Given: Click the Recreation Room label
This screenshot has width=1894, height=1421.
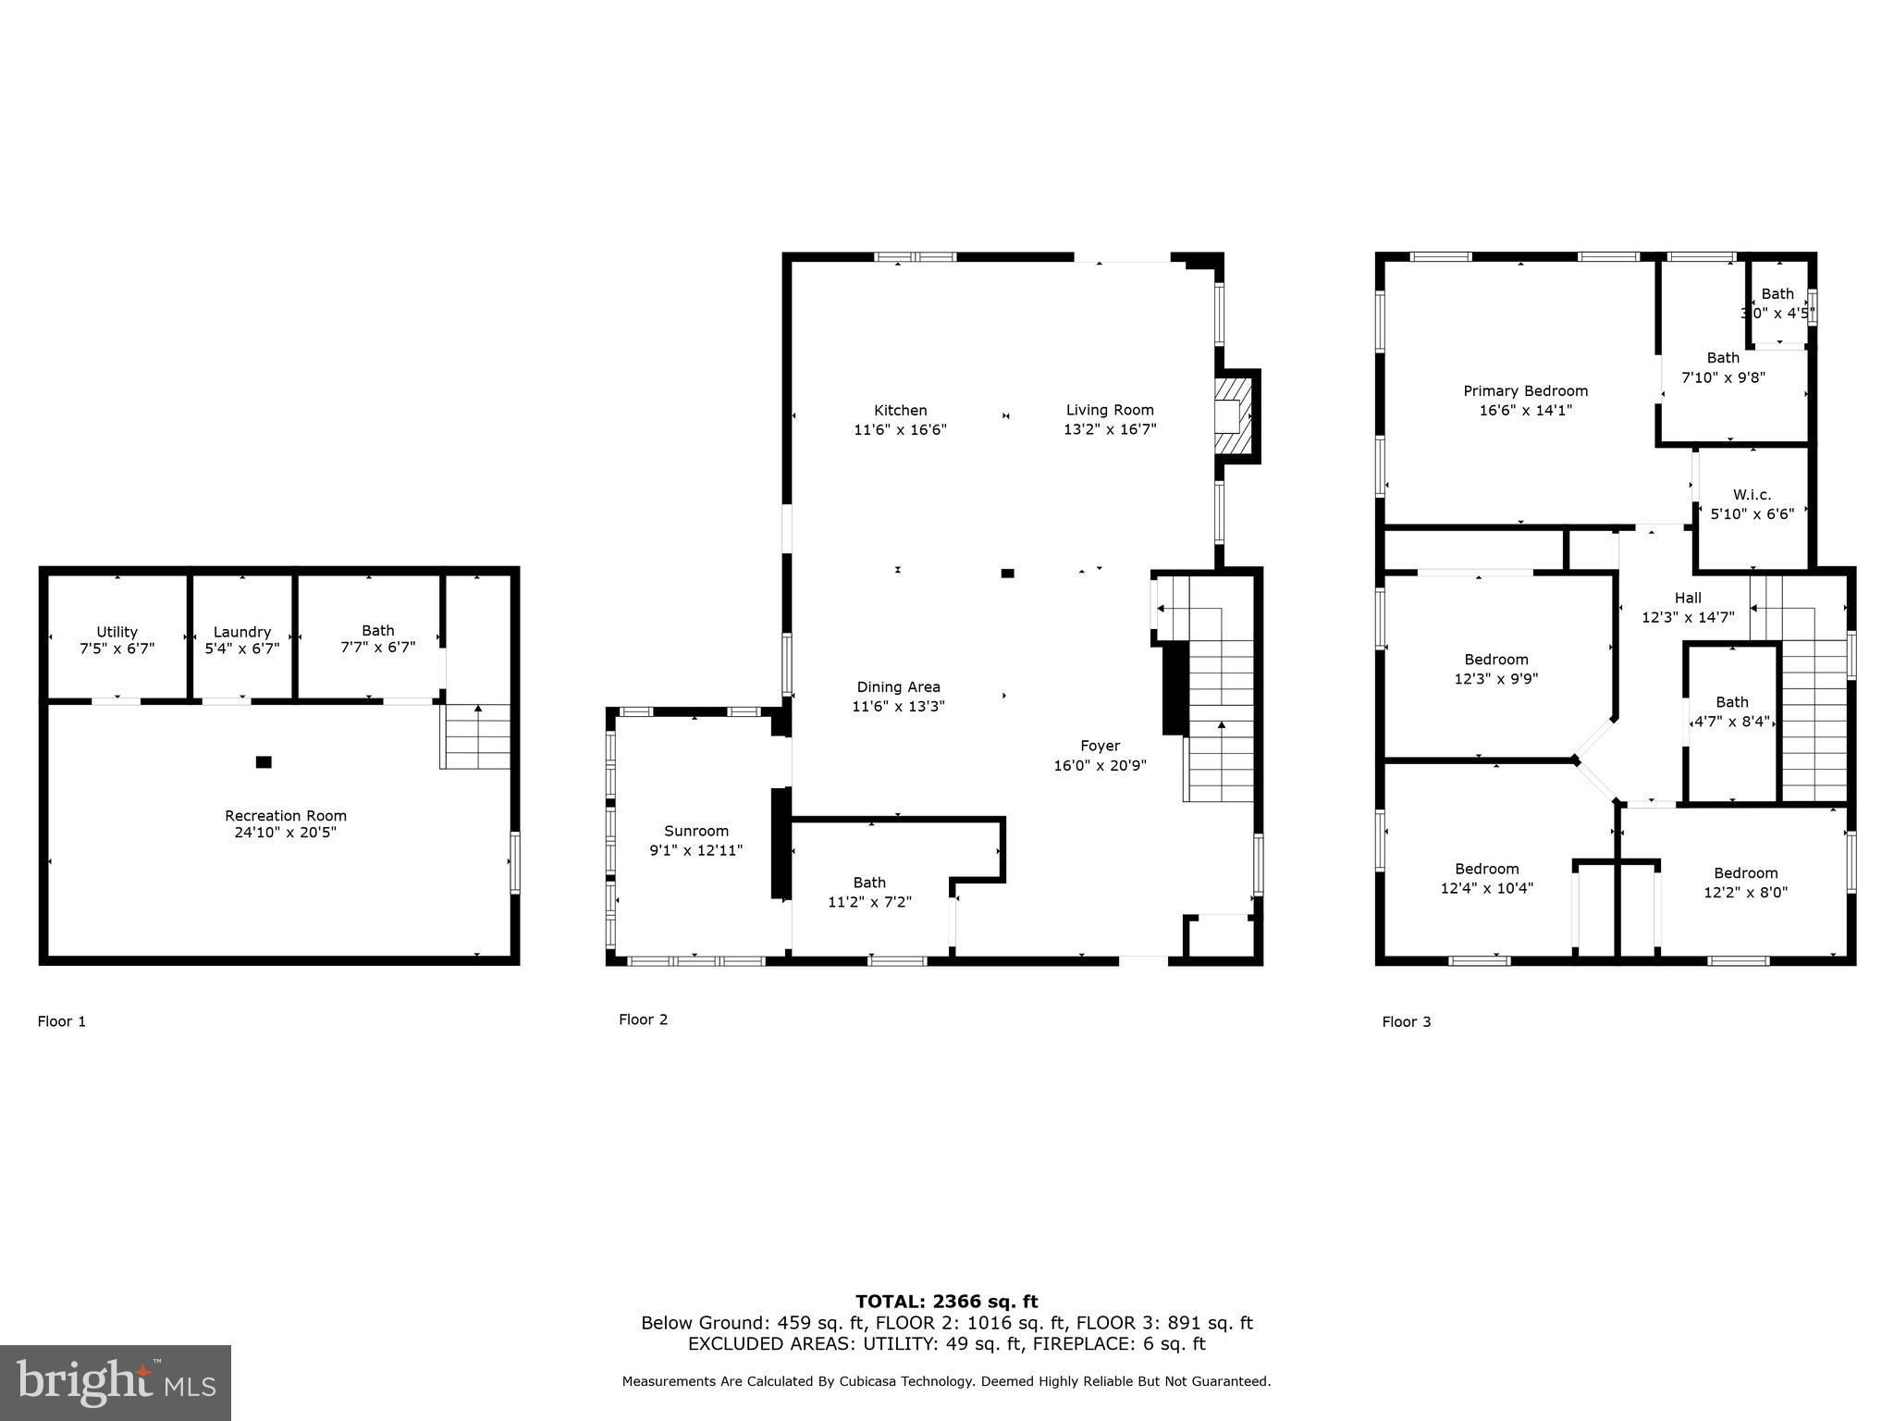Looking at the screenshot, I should click(286, 815).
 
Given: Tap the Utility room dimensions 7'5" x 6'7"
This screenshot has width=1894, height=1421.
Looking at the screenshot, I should click(117, 649).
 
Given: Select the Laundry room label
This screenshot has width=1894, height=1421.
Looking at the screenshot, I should click(242, 632).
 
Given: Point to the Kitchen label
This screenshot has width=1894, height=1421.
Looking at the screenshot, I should click(900, 410).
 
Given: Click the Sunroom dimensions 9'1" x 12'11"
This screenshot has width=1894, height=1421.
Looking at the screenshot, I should click(695, 850).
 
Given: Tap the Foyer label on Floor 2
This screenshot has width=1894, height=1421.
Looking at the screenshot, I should click(1100, 746).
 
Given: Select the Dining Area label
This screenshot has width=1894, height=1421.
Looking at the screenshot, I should click(898, 686).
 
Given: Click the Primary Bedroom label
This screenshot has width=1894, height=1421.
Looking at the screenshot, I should click(1525, 390).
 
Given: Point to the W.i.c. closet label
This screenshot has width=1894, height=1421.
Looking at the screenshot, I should click(1752, 495).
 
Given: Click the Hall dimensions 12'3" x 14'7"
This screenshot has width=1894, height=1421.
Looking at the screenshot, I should click(1688, 617).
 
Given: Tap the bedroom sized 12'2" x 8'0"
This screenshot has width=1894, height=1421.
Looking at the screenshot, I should click(1745, 883).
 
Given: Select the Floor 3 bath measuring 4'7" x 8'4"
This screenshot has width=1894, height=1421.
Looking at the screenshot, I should click(1731, 711).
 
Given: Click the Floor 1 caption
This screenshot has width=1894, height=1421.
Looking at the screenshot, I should click(62, 1021).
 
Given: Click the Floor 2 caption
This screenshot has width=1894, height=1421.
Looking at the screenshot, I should click(643, 1019).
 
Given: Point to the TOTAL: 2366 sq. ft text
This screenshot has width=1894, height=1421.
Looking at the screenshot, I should click(946, 1302).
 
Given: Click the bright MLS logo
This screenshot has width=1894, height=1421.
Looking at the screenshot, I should click(116, 1383).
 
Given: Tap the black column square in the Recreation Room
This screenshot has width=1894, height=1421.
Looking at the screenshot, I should click(264, 762).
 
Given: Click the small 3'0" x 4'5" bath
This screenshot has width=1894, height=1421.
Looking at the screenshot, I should click(1777, 303).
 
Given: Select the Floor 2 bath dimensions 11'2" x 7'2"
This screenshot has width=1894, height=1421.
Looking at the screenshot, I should click(869, 902).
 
